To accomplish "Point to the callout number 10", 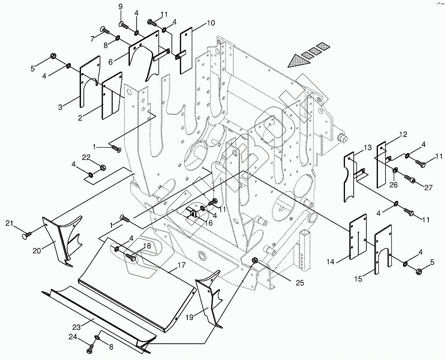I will (210, 23).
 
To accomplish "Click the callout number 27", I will (428, 188).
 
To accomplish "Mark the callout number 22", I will (87, 158).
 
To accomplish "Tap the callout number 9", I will (121, 7).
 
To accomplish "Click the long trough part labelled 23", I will (99, 314).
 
